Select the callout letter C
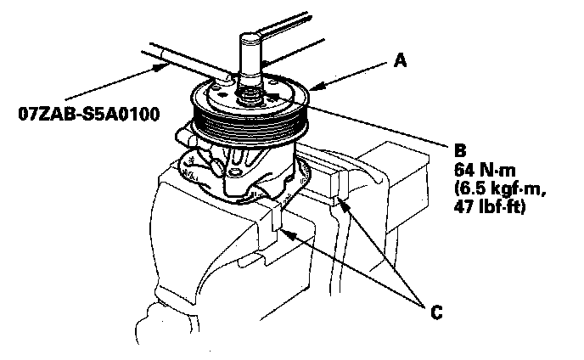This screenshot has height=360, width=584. point(435,312)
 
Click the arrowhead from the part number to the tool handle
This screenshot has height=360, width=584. point(160,64)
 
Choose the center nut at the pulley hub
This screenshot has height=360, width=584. point(251,92)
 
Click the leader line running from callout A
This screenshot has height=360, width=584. point(357,73)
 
